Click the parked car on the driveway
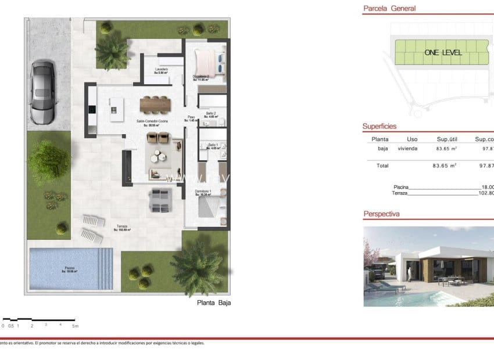pos(41,92)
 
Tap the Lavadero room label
pos(162,70)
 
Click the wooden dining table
pos(155,105)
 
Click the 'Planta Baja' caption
pos(210,303)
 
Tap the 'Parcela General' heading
pos(389,9)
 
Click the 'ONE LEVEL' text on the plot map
pos(443,52)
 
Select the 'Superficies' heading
pos(380,126)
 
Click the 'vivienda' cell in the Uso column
pos(407,149)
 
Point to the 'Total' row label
pos(382,165)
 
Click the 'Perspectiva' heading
pos(381,214)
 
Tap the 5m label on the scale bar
pos(75,326)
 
